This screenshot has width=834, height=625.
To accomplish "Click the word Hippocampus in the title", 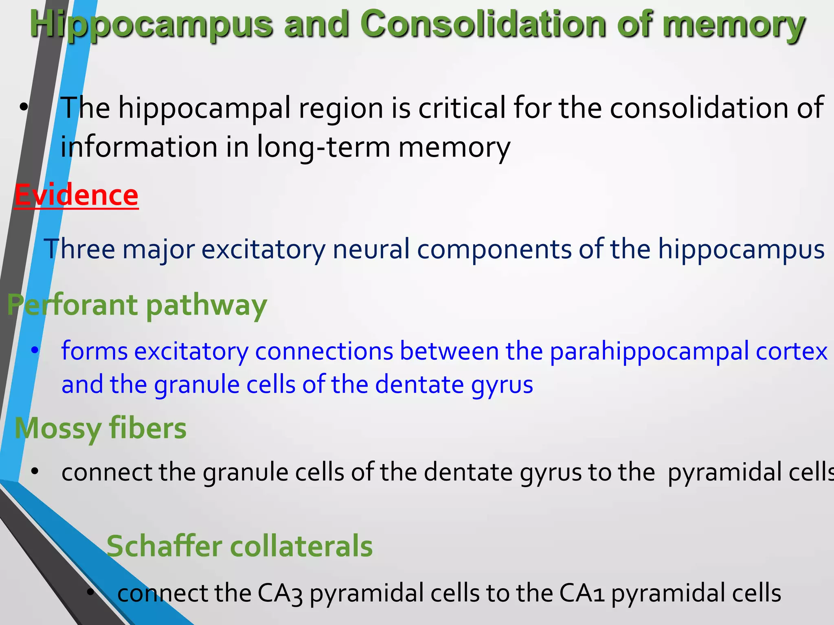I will [151, 24].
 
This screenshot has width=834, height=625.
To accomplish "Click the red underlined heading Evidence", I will [77, 195].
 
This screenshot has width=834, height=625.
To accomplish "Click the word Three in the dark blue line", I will [79, 249].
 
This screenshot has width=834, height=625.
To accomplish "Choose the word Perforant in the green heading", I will [72, 305].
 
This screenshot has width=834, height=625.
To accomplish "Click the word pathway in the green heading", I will [206, 306].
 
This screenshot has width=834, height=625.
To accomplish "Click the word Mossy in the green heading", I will [58, 429].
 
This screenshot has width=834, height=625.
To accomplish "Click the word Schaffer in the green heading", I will [164, 546].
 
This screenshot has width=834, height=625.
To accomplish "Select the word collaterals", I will [301, 546].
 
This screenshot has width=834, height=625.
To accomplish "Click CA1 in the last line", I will [582, 593].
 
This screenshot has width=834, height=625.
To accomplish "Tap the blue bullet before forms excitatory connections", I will [35, 350].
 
